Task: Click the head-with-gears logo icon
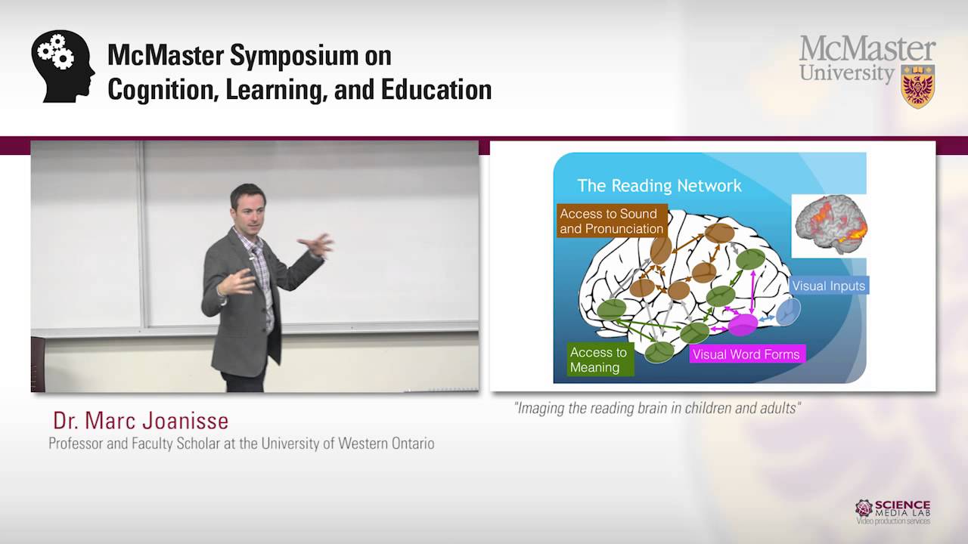point(63,66)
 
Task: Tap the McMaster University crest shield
point(917,86)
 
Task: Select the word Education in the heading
point(435,89)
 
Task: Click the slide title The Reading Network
point(659,185)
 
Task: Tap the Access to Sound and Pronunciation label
point(611,221)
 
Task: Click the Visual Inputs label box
point(828,286)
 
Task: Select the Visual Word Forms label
point(745,354)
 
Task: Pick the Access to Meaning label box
point(600,360)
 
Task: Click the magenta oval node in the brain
point(743,325)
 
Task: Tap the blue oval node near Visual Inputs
point(788,311)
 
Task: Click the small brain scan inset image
point(829,225)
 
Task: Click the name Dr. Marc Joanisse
point(141,421)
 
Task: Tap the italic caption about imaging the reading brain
point(656,409)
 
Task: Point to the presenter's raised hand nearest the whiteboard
point(318,245)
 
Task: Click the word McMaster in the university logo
point(867,49)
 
